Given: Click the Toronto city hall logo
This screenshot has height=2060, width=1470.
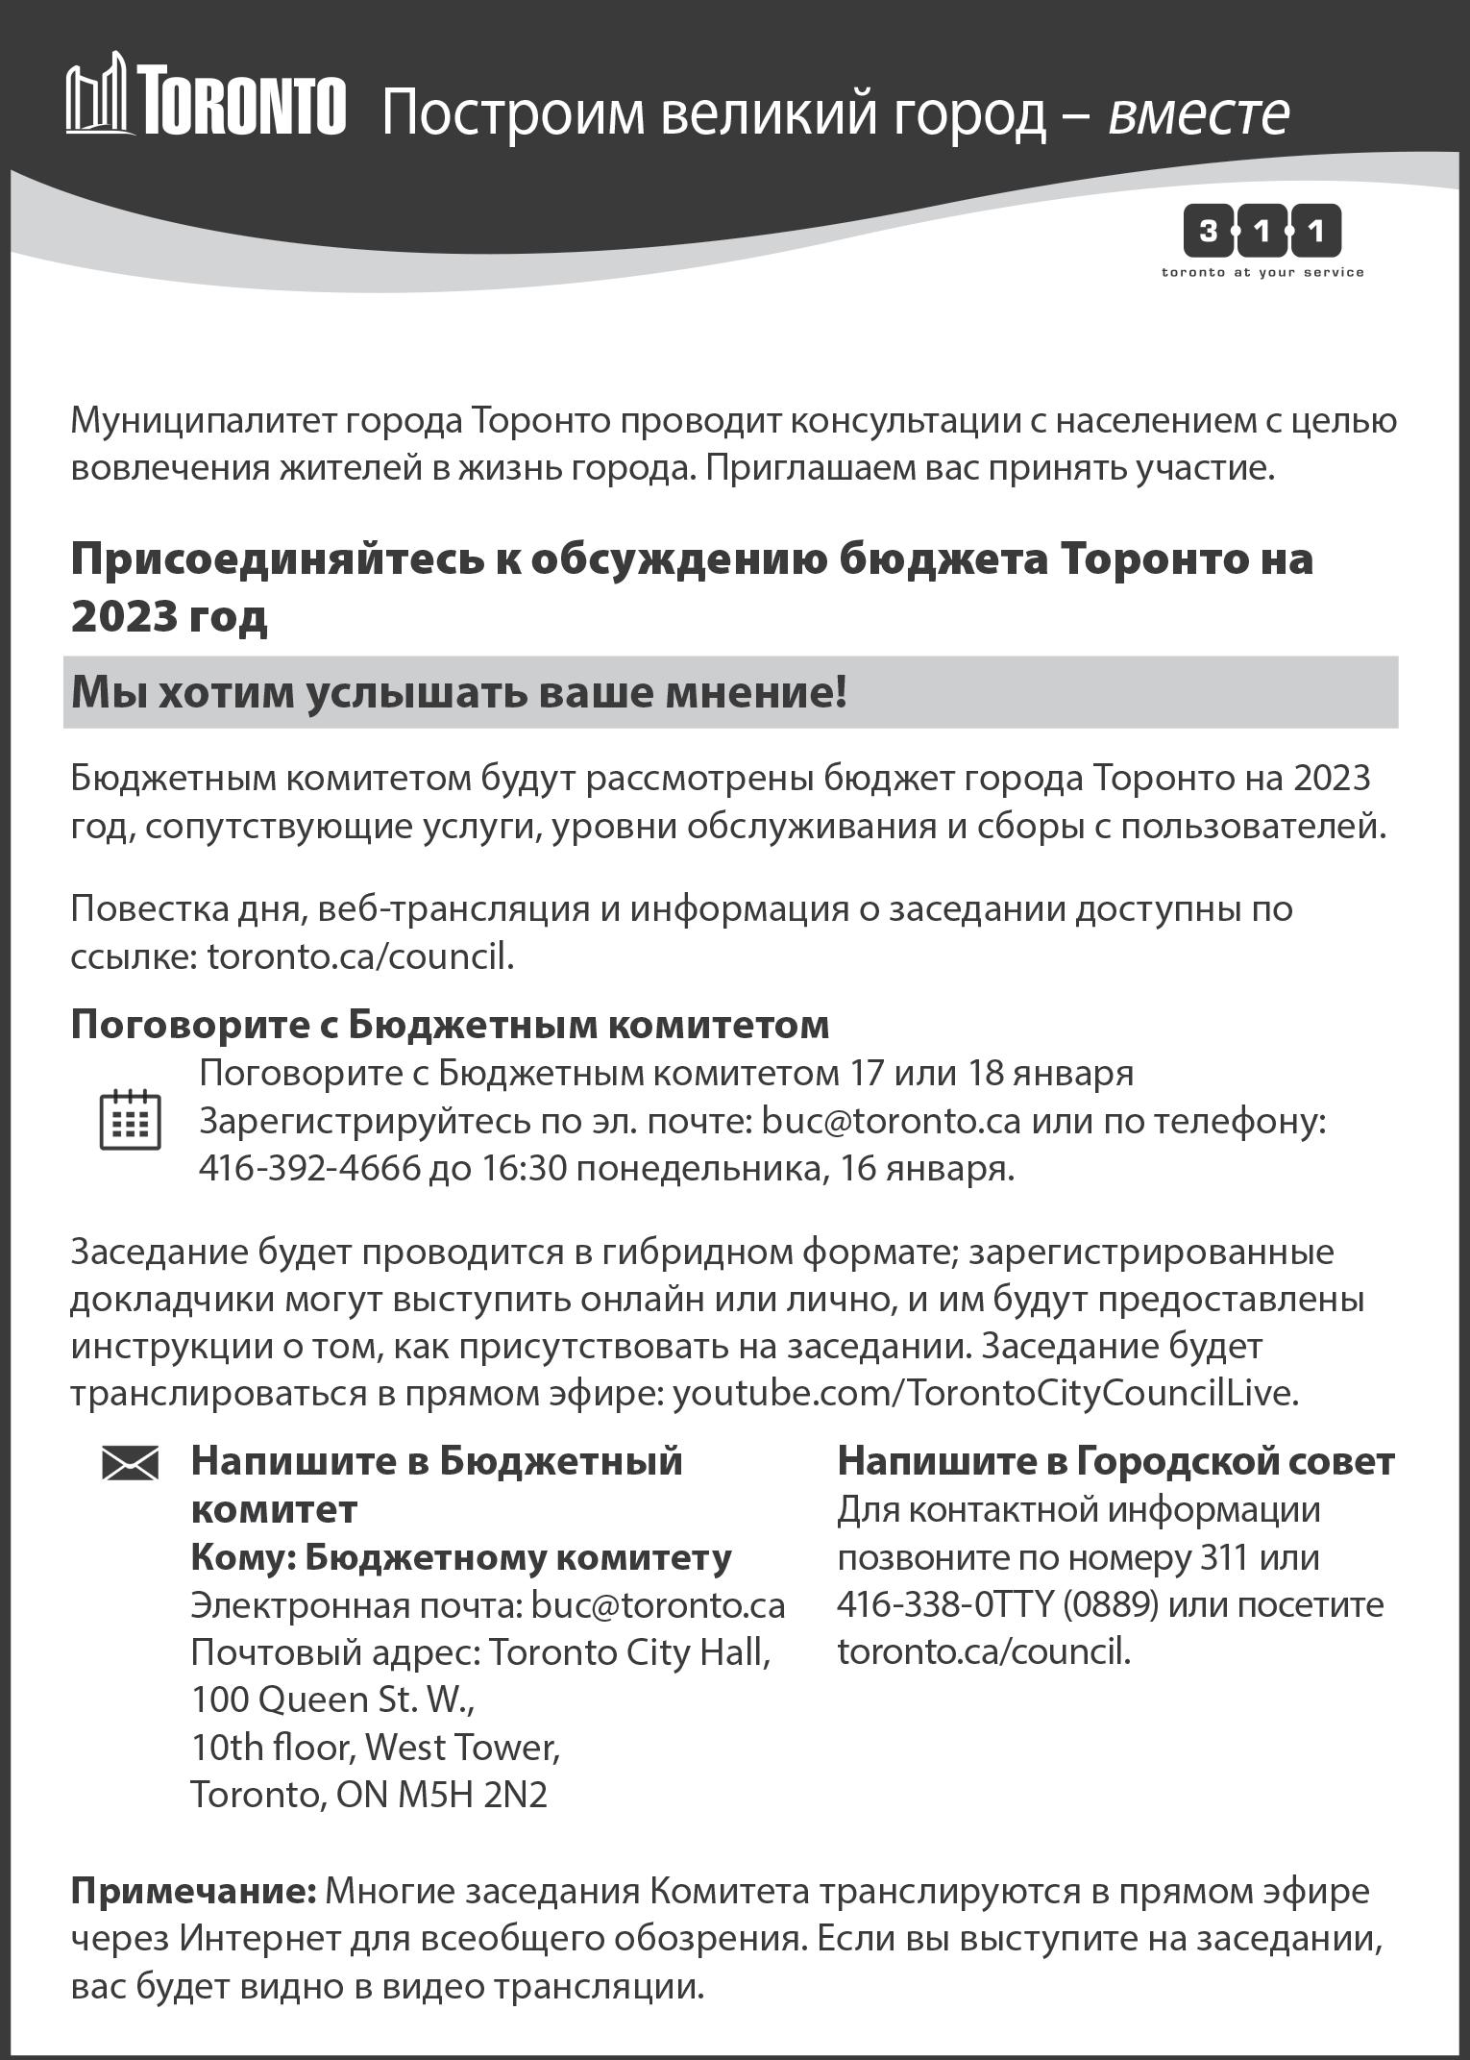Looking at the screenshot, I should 206,95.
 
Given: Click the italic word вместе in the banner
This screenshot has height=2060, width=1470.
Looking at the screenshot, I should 1198,113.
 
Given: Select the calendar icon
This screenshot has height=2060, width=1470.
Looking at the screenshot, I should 130,1120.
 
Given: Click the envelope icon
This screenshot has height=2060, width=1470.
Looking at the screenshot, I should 130,1465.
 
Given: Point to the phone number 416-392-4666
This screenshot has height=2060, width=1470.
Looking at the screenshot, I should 309,1168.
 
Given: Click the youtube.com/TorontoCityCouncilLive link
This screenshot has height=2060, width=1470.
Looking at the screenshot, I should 984,1393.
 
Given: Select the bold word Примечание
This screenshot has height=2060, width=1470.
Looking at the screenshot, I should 193,1891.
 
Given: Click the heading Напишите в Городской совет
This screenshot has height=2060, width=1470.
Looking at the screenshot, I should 1115,1461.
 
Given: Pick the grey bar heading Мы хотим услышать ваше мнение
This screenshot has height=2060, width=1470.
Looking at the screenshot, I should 459,692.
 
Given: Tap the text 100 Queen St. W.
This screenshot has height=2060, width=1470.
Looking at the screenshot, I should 332,1700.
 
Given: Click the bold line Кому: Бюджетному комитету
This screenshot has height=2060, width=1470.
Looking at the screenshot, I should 461,1557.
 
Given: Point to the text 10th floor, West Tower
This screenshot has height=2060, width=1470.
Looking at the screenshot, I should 375,1748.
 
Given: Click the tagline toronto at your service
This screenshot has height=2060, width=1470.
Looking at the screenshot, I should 1262,273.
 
